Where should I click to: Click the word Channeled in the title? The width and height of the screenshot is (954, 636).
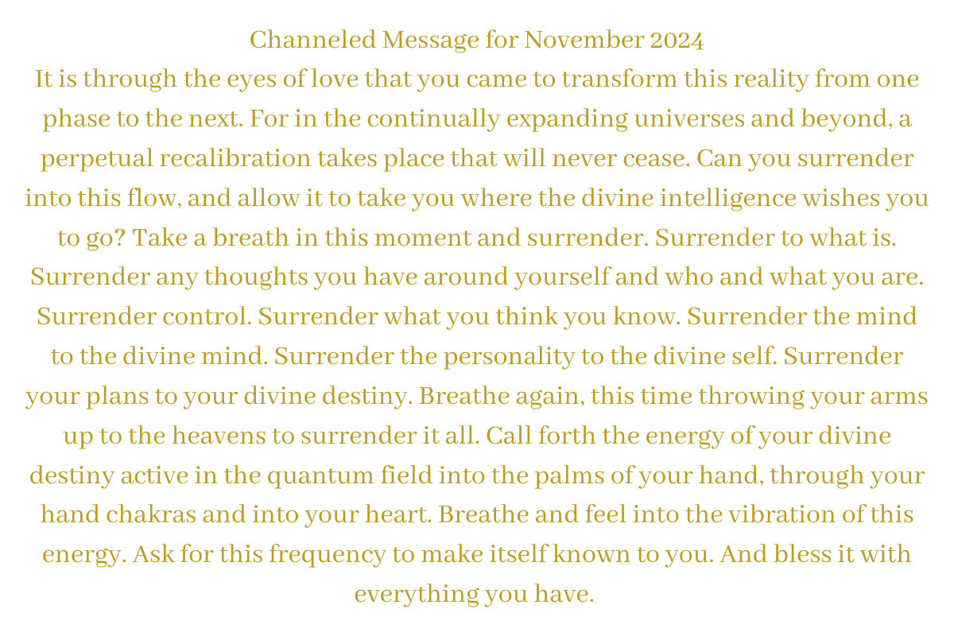[x=313, y=40]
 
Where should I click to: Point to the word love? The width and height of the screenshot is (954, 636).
[x=335, y=79]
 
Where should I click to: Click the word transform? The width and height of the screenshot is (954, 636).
[x=619, y=79]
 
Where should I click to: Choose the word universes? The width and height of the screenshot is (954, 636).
[x=689, y=118]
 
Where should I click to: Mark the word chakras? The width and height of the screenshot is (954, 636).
[x=151, y=514]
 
